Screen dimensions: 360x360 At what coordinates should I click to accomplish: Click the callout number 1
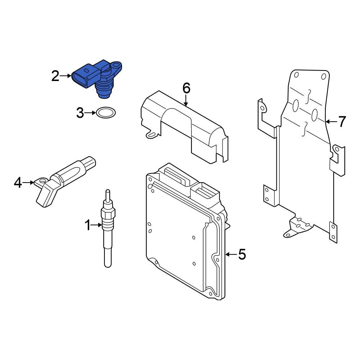[87, 226]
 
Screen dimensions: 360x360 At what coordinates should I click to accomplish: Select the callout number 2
[55, 76]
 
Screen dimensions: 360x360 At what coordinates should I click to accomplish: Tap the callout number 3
[80, 113]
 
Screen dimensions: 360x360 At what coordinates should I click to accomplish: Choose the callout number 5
[242, 255]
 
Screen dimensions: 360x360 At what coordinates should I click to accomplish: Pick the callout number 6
[186, 88]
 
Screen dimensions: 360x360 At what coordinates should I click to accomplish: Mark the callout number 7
[341, 122]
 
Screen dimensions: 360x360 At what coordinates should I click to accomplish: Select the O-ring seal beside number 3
[105, 113]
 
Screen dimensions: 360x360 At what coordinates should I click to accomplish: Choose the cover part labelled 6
[184, 126]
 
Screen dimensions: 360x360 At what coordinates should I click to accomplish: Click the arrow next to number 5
[230, 255]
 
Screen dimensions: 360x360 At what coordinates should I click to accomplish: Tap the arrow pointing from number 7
[330, 122]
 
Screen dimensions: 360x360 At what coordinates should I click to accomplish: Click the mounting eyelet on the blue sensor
[116, 66]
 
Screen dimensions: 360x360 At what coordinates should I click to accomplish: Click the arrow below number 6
[186, 101]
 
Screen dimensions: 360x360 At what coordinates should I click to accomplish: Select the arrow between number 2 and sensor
[66, 76]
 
